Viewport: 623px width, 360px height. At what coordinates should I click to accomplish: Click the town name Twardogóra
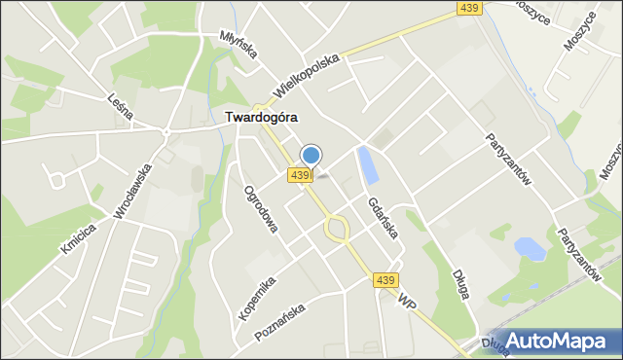pos(261,117)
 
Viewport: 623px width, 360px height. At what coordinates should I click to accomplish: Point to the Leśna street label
pos(120,98)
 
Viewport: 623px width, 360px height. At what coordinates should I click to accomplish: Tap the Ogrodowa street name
pos(261,208)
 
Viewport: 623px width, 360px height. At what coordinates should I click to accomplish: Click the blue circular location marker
pos(311,155)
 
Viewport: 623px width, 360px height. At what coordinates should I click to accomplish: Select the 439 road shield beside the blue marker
pos(300,175)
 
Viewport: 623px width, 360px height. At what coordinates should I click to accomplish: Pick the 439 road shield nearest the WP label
pos(386,280)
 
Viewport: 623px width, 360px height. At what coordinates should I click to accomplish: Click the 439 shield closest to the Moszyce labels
pos(469,8)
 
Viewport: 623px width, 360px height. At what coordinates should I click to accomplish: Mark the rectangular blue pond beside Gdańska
pos(368,165)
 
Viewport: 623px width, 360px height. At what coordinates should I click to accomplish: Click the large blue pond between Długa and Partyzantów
pos(530,248)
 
